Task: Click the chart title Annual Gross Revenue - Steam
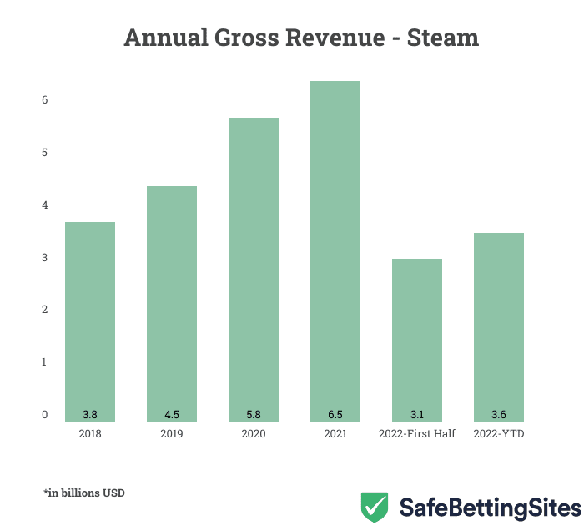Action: click(x=301, y=38)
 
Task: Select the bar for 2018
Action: click(x=90, y=321)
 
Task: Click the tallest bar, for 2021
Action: click(x=335, y=250)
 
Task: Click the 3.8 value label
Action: click(x=90, y=414)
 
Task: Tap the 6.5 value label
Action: click(x=335, y=414)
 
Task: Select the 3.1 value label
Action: click(x=417, y=414)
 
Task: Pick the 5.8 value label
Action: click(x=254, y=414)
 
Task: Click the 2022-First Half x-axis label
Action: click(x=417, y=435)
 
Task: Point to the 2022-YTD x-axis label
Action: click(x=499, y=435)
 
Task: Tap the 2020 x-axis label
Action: click(x=254, y=435)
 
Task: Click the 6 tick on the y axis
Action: click(x=45, y=100)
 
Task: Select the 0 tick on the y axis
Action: click(x=45, y=415)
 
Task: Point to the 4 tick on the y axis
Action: click(x=45, y=205)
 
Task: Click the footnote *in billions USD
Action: click(x=83, y=493)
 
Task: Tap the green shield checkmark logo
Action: click(x=375, y=507)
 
